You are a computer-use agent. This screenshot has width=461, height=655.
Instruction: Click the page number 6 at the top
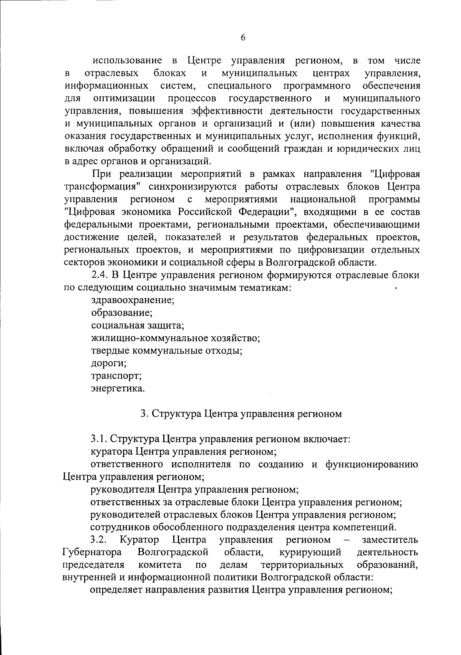243,37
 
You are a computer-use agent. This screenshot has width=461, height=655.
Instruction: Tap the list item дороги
109,363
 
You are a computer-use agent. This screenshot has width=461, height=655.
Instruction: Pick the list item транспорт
116,375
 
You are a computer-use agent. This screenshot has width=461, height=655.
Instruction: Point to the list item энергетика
118,388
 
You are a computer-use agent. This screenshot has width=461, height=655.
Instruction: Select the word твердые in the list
110,351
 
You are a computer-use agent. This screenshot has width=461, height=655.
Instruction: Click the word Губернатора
92,552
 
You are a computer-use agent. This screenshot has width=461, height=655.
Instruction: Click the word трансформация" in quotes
101,187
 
